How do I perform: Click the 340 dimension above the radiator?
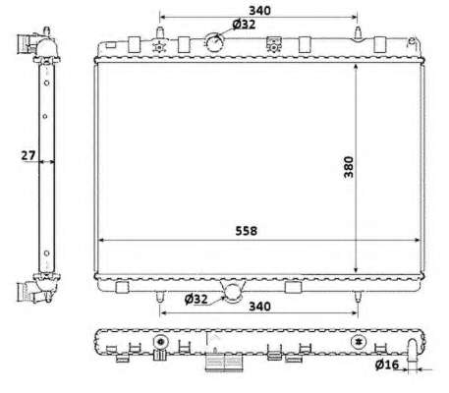261,10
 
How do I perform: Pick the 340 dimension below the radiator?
260,307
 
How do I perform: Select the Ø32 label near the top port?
245,25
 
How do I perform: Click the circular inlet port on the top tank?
214,42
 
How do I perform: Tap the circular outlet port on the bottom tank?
233,290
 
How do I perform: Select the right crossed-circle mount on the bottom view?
359,343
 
